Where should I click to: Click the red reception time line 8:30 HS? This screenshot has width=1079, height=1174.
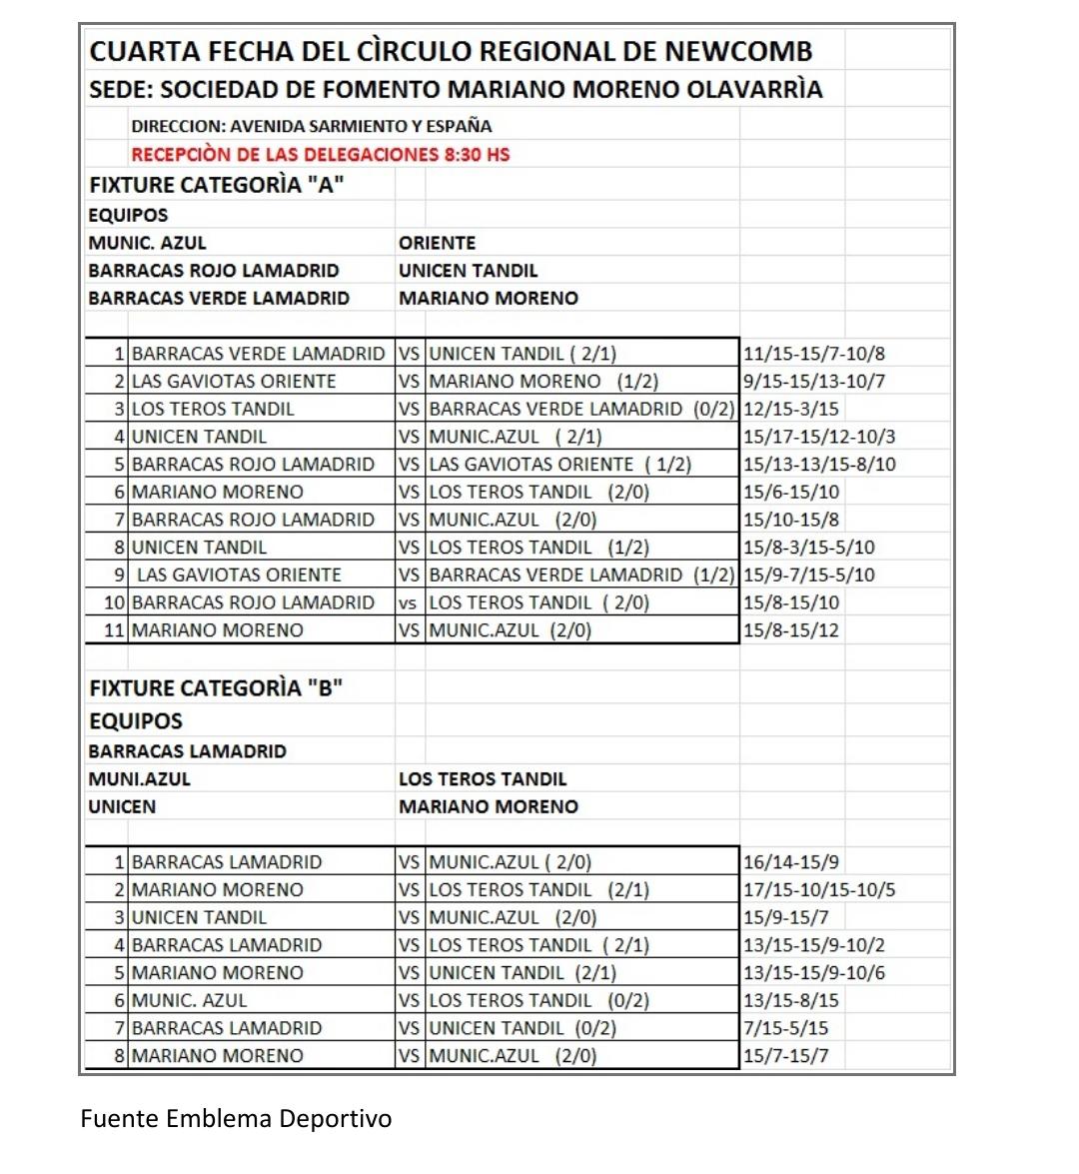pyautogui.click(x=321, y=154)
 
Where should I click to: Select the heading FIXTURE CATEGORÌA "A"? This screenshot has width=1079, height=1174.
pyautogui.click(x=217, y=185)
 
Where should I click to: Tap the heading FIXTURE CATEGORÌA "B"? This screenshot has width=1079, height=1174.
pyautogui.click(x=216, y=687)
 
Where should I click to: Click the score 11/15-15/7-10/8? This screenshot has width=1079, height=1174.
pyautogui.click(x=813, y=354)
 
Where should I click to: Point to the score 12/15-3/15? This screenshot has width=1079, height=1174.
pyautogui.click(x=790, y=409)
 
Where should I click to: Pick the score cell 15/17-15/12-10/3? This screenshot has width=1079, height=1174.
pyautogui.click(x=819, y=437)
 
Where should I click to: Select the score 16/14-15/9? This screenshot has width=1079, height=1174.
pyautogui.click(x=790, y=862)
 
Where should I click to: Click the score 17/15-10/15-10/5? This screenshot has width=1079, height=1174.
pyautogui.click(x=819, y=889)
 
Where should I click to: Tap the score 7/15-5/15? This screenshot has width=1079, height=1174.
pyautogui.click(x=785, y=1028)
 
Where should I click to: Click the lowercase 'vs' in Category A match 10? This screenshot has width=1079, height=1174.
pyautogui.click(x=408, y=602)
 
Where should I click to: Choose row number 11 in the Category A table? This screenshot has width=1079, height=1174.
pyautogui.click(x=114, y=630)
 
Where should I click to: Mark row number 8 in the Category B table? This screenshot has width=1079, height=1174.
pyautogui.click(x=119, y=1056)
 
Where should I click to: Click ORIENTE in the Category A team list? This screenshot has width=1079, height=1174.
pyautogui.click(x=437, y=243)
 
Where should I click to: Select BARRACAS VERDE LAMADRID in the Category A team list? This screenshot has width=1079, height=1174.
pyautogui.click(x=219, y=298)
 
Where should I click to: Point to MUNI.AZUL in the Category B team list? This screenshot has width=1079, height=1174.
pyautogui.click(x=139, y=779)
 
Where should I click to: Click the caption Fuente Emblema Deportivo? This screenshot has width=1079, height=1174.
pyautogui.click(x=236, y=1118)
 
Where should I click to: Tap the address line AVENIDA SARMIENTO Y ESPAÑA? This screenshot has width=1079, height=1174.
pyautogui.click(x=312, y=126)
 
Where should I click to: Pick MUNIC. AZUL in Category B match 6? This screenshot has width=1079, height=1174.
pyautogui.click(x=189, y=1000)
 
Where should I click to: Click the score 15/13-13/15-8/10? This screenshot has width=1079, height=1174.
pyautogui.click(x=819, y=465)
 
